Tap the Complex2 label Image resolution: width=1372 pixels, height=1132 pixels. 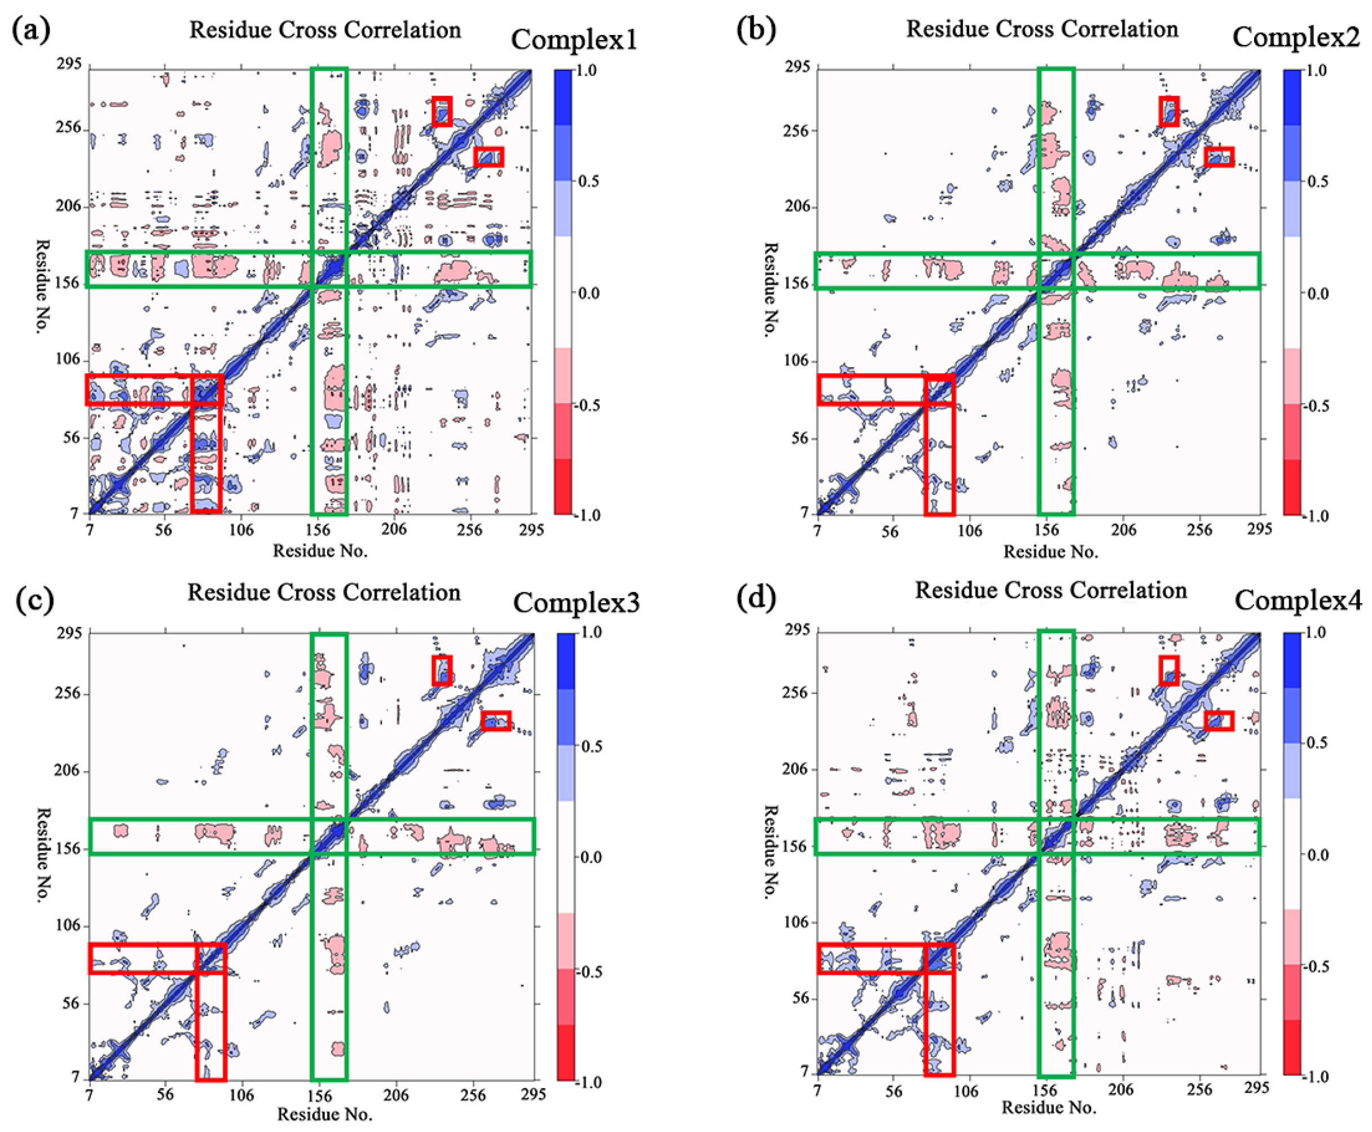click(1296, 37)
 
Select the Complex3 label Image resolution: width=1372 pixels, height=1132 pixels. click(576, 603)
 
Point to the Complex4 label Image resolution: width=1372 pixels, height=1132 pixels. click(1298, 600)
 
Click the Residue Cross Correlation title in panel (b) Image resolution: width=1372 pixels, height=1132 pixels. click(1042, 29)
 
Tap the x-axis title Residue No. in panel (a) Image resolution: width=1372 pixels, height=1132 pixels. click(320, 551)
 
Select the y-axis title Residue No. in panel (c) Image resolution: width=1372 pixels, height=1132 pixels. click(43, 855)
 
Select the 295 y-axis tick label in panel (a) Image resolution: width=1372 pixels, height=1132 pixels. click(68, 64)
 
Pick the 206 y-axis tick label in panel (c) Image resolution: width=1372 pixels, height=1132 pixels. click(67, 771)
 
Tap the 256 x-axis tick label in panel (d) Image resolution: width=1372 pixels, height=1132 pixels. click(1199, 1089)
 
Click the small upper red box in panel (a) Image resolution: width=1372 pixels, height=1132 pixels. click(442, 111)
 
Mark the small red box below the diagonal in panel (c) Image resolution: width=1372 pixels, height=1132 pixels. click(496, 720)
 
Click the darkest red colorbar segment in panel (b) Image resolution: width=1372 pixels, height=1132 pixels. click(1292, 487)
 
